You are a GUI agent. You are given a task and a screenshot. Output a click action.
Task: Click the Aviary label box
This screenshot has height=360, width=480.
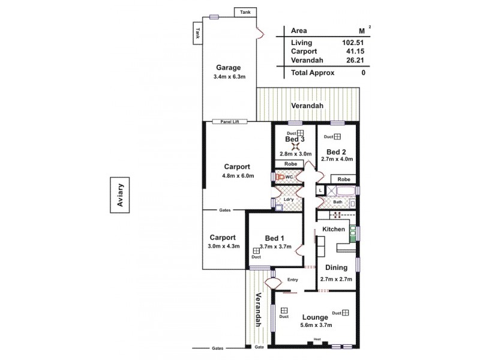[119, 195]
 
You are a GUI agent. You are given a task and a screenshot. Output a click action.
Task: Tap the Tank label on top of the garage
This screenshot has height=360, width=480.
[245, 12]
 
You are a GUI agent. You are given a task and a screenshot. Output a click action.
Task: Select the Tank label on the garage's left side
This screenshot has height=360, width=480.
[196, 35]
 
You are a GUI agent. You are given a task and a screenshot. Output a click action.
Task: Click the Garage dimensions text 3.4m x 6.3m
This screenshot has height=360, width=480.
[229, 77]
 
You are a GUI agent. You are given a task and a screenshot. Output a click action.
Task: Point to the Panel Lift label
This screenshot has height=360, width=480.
[230, 120]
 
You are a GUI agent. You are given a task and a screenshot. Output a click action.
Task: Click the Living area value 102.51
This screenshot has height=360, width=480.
[352, 43]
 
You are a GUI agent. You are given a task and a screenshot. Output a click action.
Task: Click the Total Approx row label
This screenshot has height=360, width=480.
[313, 73]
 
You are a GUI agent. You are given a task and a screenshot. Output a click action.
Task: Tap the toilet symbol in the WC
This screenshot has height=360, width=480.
[280, 177]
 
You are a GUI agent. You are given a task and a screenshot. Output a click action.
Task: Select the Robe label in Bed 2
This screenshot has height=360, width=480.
[343, 179]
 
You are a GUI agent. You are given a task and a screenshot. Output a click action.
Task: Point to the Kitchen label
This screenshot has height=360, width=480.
[334, 229]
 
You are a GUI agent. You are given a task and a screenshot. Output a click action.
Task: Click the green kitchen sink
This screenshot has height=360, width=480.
[353, 232]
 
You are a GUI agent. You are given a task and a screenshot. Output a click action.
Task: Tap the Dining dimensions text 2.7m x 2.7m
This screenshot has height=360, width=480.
[336, 278]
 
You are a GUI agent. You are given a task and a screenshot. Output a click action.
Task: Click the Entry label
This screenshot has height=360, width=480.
[293, 279]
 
